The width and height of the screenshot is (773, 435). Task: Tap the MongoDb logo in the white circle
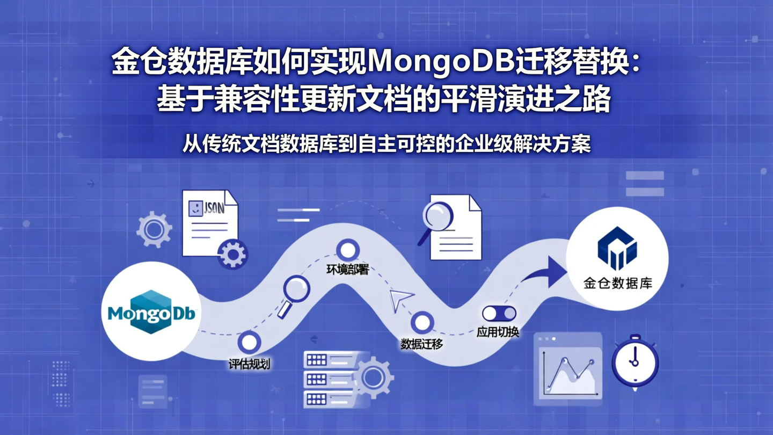click(151, 312)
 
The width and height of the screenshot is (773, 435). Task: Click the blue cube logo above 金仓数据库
click(617, 248)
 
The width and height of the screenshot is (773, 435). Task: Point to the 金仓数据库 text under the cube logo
click(617, 283)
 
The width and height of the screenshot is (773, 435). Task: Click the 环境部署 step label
click(347, 270)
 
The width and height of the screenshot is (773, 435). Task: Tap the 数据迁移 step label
click(421, 344)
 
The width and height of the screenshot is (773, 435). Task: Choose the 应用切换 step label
click(498, 332)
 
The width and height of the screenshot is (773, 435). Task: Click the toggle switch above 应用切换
click(499, 313)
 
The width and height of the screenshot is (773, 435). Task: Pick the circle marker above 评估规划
click(249, 342)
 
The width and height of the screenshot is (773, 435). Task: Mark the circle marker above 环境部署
click(348, 250)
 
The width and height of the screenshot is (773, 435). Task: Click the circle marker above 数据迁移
click(422, 323)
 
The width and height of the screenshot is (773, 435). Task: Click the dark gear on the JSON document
click(232, 254)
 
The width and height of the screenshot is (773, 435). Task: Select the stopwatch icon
click(635, 361)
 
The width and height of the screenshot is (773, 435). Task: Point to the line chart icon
click(568, 371)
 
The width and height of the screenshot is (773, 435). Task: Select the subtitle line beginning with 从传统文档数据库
click(386, 144)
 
